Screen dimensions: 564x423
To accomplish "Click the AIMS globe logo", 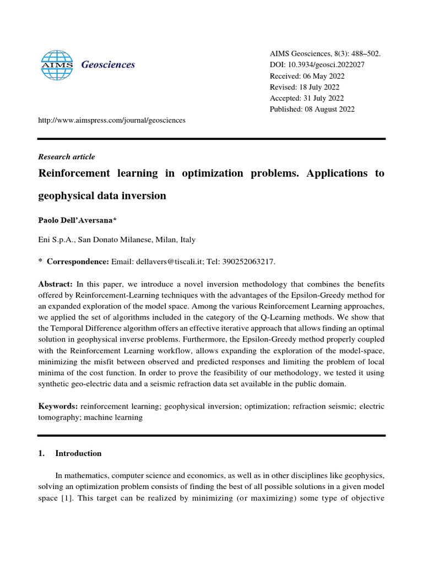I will (x=57, y=65).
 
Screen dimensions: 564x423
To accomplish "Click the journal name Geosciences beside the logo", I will (x=108, y=65).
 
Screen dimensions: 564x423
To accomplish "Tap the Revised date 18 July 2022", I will (x=320, y=87).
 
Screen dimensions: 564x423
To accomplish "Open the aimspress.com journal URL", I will (x=112, y=120).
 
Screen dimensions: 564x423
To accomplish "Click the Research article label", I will (x=66, y=157).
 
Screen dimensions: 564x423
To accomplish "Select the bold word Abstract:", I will (x=55, y=284).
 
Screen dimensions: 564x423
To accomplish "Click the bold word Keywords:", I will (x=58, y=406).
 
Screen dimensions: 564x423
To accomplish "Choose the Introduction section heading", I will (x=78, y=453).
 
